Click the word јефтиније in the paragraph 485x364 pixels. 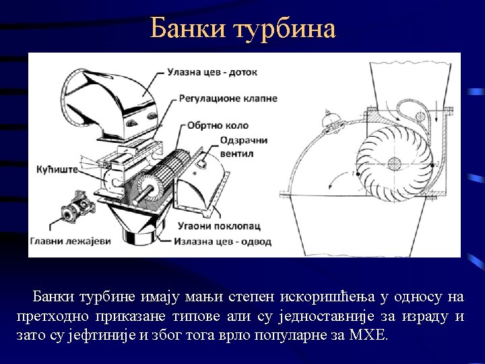pos(105,335)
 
